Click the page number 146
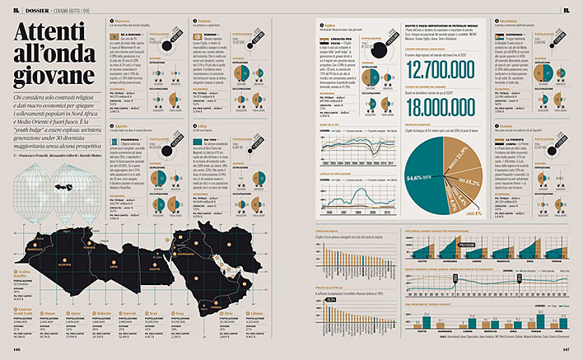(16, 349)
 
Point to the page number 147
(566, 349)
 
